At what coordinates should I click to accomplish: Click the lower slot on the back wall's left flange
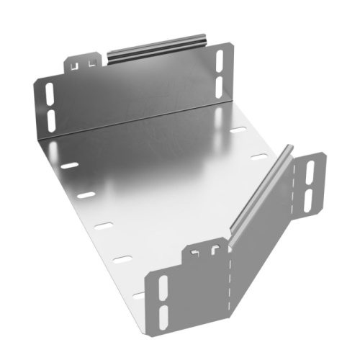point(50,117)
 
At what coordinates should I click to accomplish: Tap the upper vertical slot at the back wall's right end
point(218,63)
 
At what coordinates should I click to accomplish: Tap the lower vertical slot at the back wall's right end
point(218,85)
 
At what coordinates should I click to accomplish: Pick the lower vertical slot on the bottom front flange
point(163,313)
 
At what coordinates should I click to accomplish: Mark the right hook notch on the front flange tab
point(214,251)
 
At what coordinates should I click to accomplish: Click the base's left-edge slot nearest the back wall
point(70,165)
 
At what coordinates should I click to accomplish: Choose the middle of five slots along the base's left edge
point(104,226)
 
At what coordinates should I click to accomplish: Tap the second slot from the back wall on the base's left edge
point(86,195)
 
